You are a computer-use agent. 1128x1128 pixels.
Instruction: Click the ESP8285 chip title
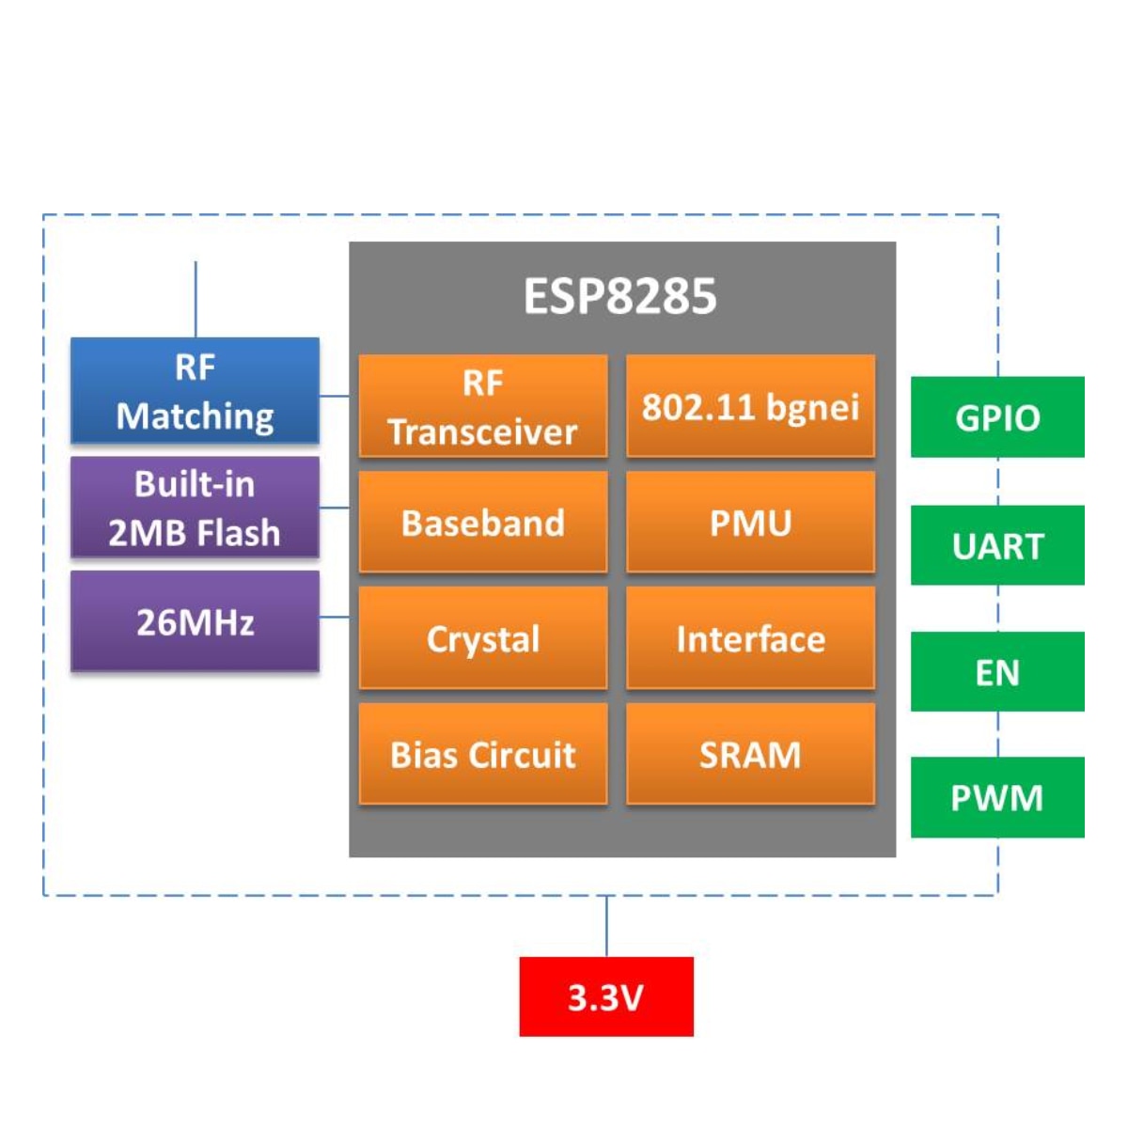click(x=619, y=296)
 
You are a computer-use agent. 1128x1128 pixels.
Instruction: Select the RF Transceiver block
click(x=483, y=406)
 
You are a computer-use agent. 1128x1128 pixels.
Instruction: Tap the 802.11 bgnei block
click(x=750, y=406)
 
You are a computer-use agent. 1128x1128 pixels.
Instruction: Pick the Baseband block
click(x=483, y=522)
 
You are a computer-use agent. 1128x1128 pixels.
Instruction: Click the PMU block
click(x=750, y=522)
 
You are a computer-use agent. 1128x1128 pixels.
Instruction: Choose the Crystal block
click(x=483, y=638)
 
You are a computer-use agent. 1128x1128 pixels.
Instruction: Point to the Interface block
click(x=750, y=638)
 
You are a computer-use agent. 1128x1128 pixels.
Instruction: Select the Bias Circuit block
click(x=483, y=754)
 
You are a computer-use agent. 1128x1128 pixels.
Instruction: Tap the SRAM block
click(x=750, y=754)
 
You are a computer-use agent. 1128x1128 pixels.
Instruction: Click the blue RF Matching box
click(x=195, y=390)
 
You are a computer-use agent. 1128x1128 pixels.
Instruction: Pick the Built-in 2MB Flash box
click(x=195, y=508)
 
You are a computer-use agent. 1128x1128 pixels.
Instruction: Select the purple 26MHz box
click(x=195, y=621)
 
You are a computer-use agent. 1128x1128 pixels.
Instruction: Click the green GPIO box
click(x=997, y=417)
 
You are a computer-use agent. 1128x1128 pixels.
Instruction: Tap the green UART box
click(x=997, y=545)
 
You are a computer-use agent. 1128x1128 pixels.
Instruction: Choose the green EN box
click(x=997, y=671)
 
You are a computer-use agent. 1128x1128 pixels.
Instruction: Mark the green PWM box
click(x=997, y=797)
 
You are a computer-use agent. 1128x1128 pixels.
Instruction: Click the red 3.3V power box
click(x=606, y=996)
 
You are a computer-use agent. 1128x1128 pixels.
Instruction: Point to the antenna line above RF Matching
click(x=196, y=299)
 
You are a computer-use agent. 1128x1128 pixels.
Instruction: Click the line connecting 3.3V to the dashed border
click(x=606, y=926)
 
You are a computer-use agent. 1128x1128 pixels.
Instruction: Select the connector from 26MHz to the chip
click(x=335, y=618)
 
